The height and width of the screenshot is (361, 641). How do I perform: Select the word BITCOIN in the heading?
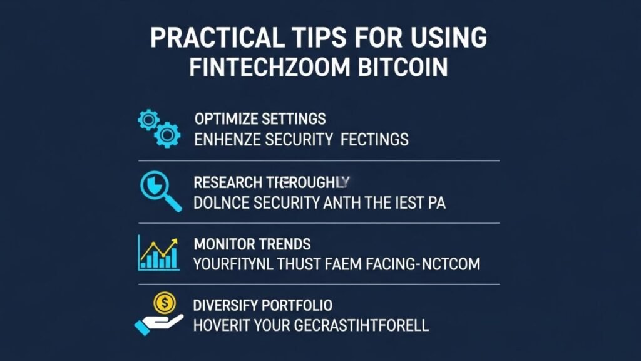tap(407, 67)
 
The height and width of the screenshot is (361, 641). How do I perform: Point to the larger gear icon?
tap(167, 134)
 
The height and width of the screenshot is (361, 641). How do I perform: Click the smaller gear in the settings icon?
tap(149, 118)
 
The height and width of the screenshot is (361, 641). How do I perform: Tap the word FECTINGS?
tap(374, 139)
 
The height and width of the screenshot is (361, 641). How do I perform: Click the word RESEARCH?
tap(227, 182)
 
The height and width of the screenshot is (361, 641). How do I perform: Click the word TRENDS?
tap(285, 243)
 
